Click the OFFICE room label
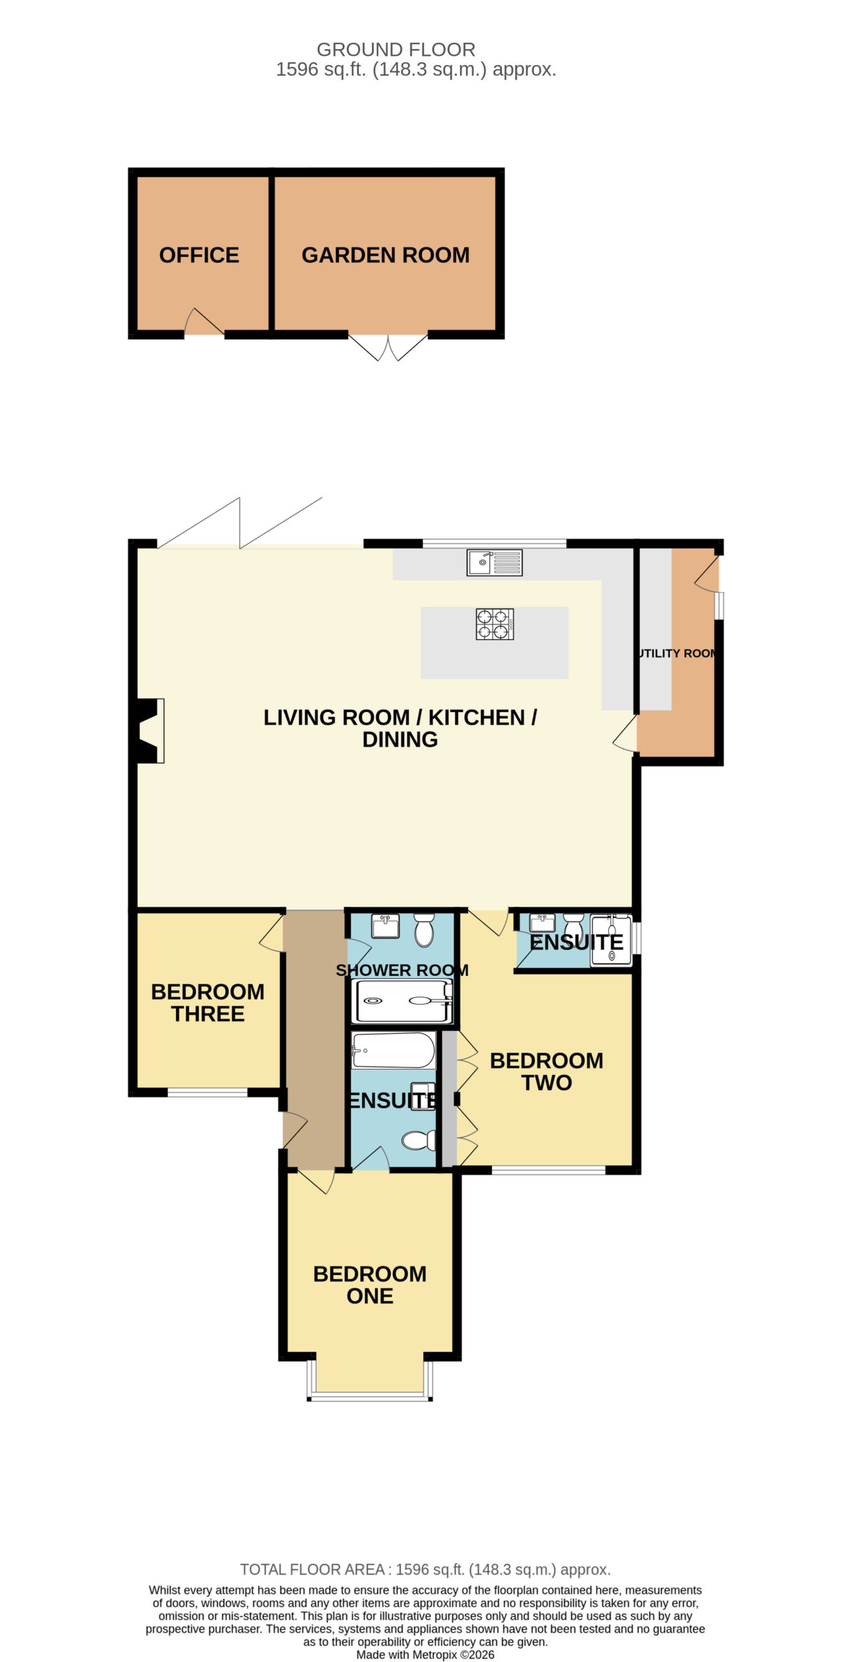(199, 255)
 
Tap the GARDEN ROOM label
(386, 255)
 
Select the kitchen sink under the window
(495, 562)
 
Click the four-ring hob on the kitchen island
(495, 624)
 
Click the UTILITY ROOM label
(678, 653)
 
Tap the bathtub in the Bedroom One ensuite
(393, 1050)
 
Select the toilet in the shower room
(424, 930)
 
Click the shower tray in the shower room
(401, 1000)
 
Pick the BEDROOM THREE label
(208, 1002)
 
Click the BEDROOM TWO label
(547, 1071)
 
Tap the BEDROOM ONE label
(370, 1284)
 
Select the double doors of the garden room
(388, 347)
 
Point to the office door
(204, 322)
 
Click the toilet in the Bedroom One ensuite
(419, 1140)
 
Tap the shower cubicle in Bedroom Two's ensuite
(611, 941)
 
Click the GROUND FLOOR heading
(396, 49)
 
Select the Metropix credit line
(425, 1655)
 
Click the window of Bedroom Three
(208, 1093)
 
